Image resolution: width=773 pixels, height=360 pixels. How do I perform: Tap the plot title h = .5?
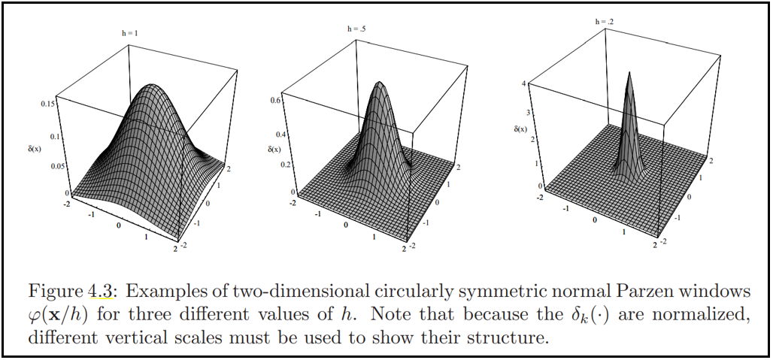tap(357, 29)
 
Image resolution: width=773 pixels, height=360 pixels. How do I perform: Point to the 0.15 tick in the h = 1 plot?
tap(47, 103)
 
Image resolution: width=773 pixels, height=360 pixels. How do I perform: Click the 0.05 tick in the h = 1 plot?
tap(48, 166)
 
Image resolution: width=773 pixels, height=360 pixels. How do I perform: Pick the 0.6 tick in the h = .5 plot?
tap(276, 100)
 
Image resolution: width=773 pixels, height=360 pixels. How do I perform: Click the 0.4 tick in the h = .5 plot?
tap(276, 134)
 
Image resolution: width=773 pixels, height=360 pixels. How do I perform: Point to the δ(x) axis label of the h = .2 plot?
tap(521, 129)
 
